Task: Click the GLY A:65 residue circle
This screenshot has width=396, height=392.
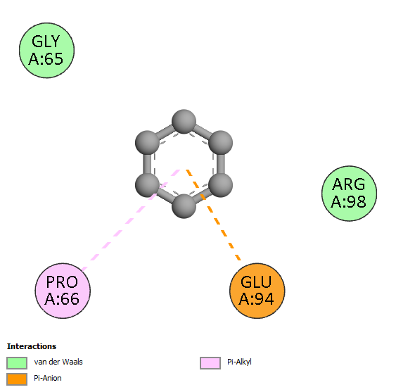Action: pos(46,50)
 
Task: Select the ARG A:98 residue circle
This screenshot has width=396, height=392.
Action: pos(349,194)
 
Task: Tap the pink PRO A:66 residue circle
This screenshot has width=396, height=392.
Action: pos(63,291)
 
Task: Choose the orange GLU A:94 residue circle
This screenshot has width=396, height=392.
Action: pos(257,291)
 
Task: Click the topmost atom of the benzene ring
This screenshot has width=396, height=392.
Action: pos(184,121)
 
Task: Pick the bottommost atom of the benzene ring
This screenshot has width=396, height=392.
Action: pos(184,206)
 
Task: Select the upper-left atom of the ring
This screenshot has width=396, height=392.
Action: pos(147,143)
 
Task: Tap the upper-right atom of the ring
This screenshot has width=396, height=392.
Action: pos(220,143)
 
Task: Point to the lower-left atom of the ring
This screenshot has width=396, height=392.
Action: pos(147,185)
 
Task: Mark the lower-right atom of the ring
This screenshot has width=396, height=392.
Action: pos(220,185)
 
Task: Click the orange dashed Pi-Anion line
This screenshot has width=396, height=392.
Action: pos(213,215)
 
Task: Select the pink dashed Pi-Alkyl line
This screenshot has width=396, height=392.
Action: pos(130,220)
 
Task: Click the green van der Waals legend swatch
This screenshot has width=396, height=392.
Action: pos(17,363)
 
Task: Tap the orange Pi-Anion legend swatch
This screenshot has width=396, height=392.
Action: pos(17,379)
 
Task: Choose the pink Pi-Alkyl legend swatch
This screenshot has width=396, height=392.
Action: pos(210,363)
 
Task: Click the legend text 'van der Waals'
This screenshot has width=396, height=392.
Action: pos(58,362)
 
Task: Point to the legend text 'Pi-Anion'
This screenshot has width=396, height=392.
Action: pos(48,378)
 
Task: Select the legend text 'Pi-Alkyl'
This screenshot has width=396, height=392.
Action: pos(239,362)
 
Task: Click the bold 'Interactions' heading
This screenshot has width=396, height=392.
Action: pos(32,346)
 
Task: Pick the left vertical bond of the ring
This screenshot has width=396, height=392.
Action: pos(147,164)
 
